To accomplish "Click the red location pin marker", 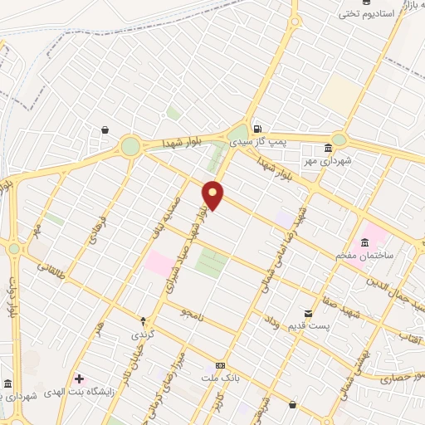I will pyautogui.click(x=213, y=196).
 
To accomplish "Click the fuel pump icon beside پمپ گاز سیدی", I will pyautogui.click(x=258, y=129).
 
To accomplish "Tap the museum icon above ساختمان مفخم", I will pyautogui.click(x=365, y=242).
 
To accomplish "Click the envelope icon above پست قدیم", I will pyautogui.click(x=309, y=314).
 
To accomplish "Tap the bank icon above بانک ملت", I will pyautogui.click(x=220, y=365).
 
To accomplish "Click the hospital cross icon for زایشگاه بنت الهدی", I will pyautogui.click(x=80, y=379).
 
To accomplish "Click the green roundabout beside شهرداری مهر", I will pyautogui.click(x=339, y=140).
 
